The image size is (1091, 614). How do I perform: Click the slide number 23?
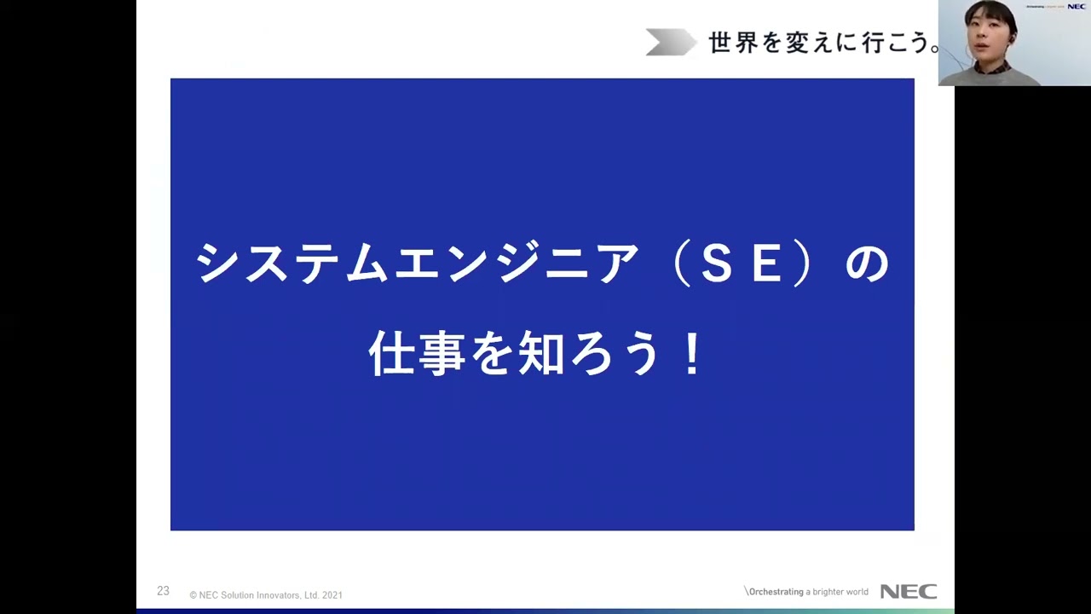163,591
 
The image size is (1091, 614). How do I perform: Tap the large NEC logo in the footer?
908,592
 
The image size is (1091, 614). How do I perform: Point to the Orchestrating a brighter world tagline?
806,592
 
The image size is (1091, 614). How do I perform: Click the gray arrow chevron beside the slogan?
670,43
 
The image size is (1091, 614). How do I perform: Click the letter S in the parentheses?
718,264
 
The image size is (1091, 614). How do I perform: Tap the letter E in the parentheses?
765,264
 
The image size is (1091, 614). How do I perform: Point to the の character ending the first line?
867,264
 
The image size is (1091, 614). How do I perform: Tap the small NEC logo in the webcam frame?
1076,7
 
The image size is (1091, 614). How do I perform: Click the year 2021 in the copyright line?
332,595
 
